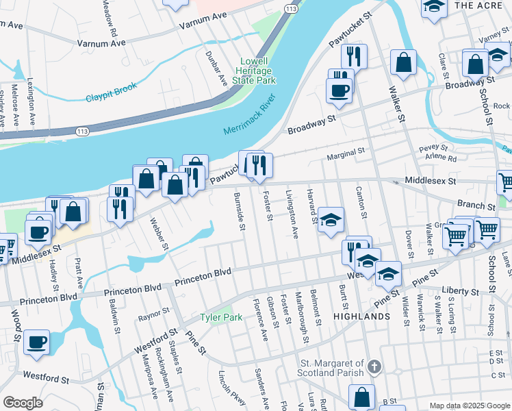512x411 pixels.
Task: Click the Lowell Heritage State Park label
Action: click(x=257, y=71)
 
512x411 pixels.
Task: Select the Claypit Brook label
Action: click(x=112, y=92)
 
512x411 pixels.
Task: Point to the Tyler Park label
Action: click(x=221, y=318)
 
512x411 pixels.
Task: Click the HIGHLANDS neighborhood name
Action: click(x=361, y=317)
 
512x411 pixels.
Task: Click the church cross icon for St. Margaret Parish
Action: click(x=373, y=367)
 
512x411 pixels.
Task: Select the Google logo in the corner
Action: click(x=23, y=402)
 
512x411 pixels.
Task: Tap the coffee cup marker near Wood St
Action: click(x=36, y=342)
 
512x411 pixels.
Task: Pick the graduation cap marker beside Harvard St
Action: click(x=331, y=220)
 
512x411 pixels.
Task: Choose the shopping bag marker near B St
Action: click(x=361, y=397)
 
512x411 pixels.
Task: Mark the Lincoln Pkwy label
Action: click(x=231, y=388)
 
